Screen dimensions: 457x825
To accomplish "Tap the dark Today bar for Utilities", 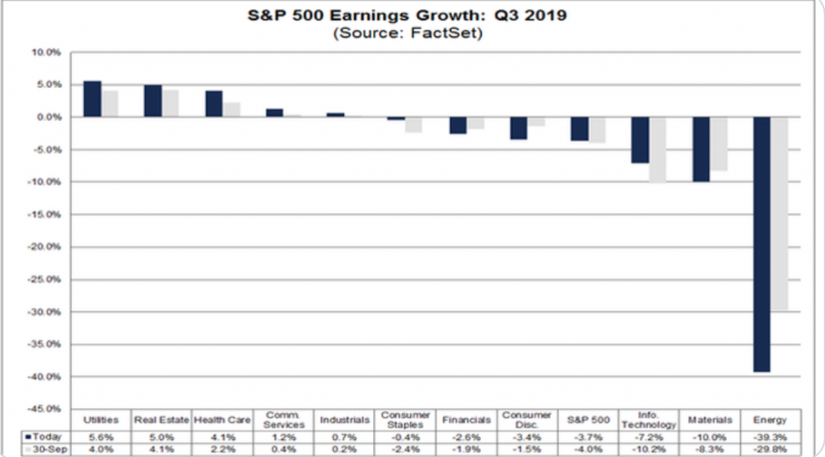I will tap(93, 99).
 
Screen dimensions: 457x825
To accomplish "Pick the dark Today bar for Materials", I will tap(701, 149).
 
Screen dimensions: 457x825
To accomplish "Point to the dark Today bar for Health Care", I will tap(214, 104).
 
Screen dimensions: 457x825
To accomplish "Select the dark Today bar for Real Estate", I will tap(153, 101).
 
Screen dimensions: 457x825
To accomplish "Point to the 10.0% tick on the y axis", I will tap(47, 52).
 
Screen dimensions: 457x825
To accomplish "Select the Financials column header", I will tap(466, 420).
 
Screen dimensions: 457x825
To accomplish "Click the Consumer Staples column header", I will tap(406, 420).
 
